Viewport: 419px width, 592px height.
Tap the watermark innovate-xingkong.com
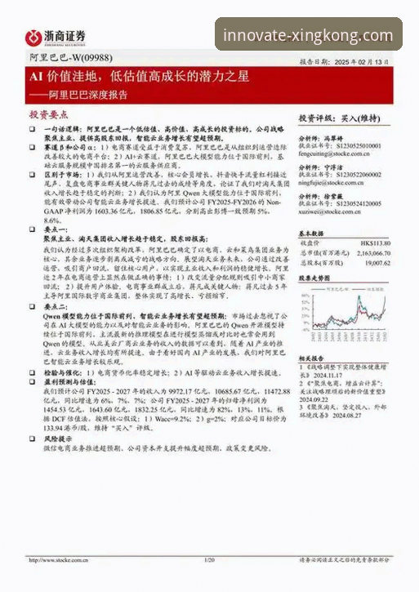coord(307,36)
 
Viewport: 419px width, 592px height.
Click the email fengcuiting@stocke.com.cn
coord(334,153)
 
